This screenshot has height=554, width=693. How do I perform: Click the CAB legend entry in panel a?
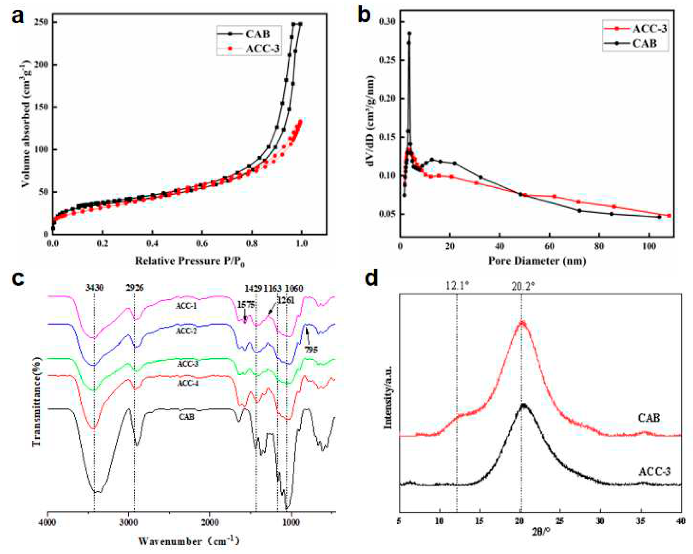(257, 34)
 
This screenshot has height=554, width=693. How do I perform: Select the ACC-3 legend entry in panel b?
(649, 29)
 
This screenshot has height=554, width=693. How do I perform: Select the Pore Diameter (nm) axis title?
(537, 261)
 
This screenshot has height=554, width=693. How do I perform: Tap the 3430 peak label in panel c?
(94, 288)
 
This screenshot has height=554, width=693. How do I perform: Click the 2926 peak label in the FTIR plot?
(134, 288)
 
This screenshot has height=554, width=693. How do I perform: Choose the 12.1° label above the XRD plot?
(457, 285)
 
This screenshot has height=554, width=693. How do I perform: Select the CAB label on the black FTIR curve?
(186, 417)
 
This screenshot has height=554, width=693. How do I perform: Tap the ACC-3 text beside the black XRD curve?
(654, 472)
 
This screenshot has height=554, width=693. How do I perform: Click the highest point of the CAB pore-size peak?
(409, 33)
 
